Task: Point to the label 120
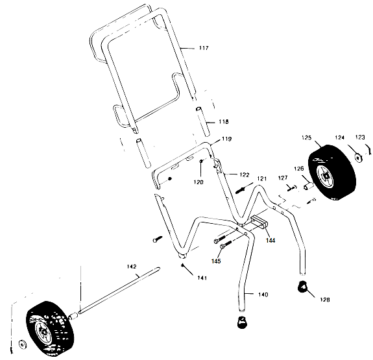pyautogui.click(x=199, y=182)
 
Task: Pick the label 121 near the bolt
pyautogui.click(x=261, y=178)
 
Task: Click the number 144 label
pyautogui.click(x=270, y=239)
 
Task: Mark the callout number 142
pyautogui.click(x=132, y=266)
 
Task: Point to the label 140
pyautogui.click(x=262, y=295)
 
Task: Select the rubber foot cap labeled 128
pyautogui.click(x=302, y=287)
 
